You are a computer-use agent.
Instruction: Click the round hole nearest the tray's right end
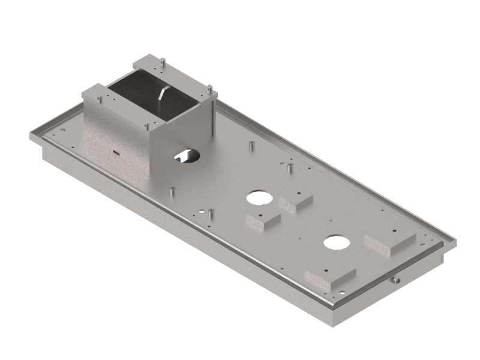click(337, 242)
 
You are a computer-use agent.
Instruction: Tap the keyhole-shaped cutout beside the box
click(187, 156)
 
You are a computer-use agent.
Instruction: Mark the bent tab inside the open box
click(163, 96)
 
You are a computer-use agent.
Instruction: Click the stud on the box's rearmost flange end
click(162, 60)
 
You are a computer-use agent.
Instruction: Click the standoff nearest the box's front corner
click(173, 191)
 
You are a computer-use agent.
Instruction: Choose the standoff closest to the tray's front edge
click(211, 212)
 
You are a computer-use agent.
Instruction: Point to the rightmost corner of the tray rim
click(455, 242)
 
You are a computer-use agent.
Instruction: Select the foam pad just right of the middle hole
click(296, 202)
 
